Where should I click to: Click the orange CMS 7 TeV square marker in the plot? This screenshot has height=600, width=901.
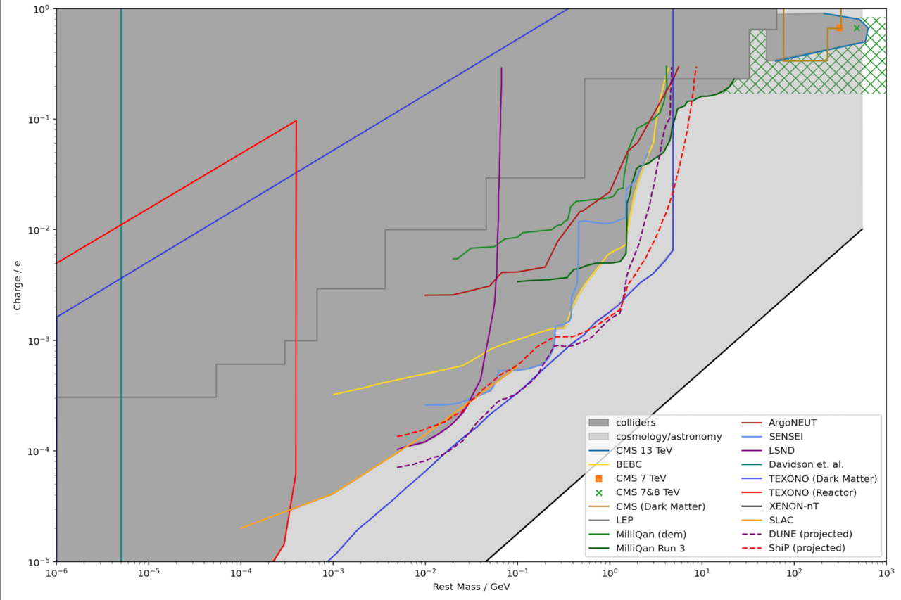point(839,28)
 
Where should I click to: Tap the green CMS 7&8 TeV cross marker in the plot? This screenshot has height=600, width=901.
point(857,28)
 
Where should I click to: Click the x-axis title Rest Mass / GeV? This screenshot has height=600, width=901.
point(471,587)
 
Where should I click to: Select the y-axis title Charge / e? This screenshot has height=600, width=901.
point(17,285)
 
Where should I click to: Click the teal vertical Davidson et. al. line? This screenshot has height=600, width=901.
point(121,281)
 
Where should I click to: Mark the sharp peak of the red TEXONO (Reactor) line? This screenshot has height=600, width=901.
point(296,121)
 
